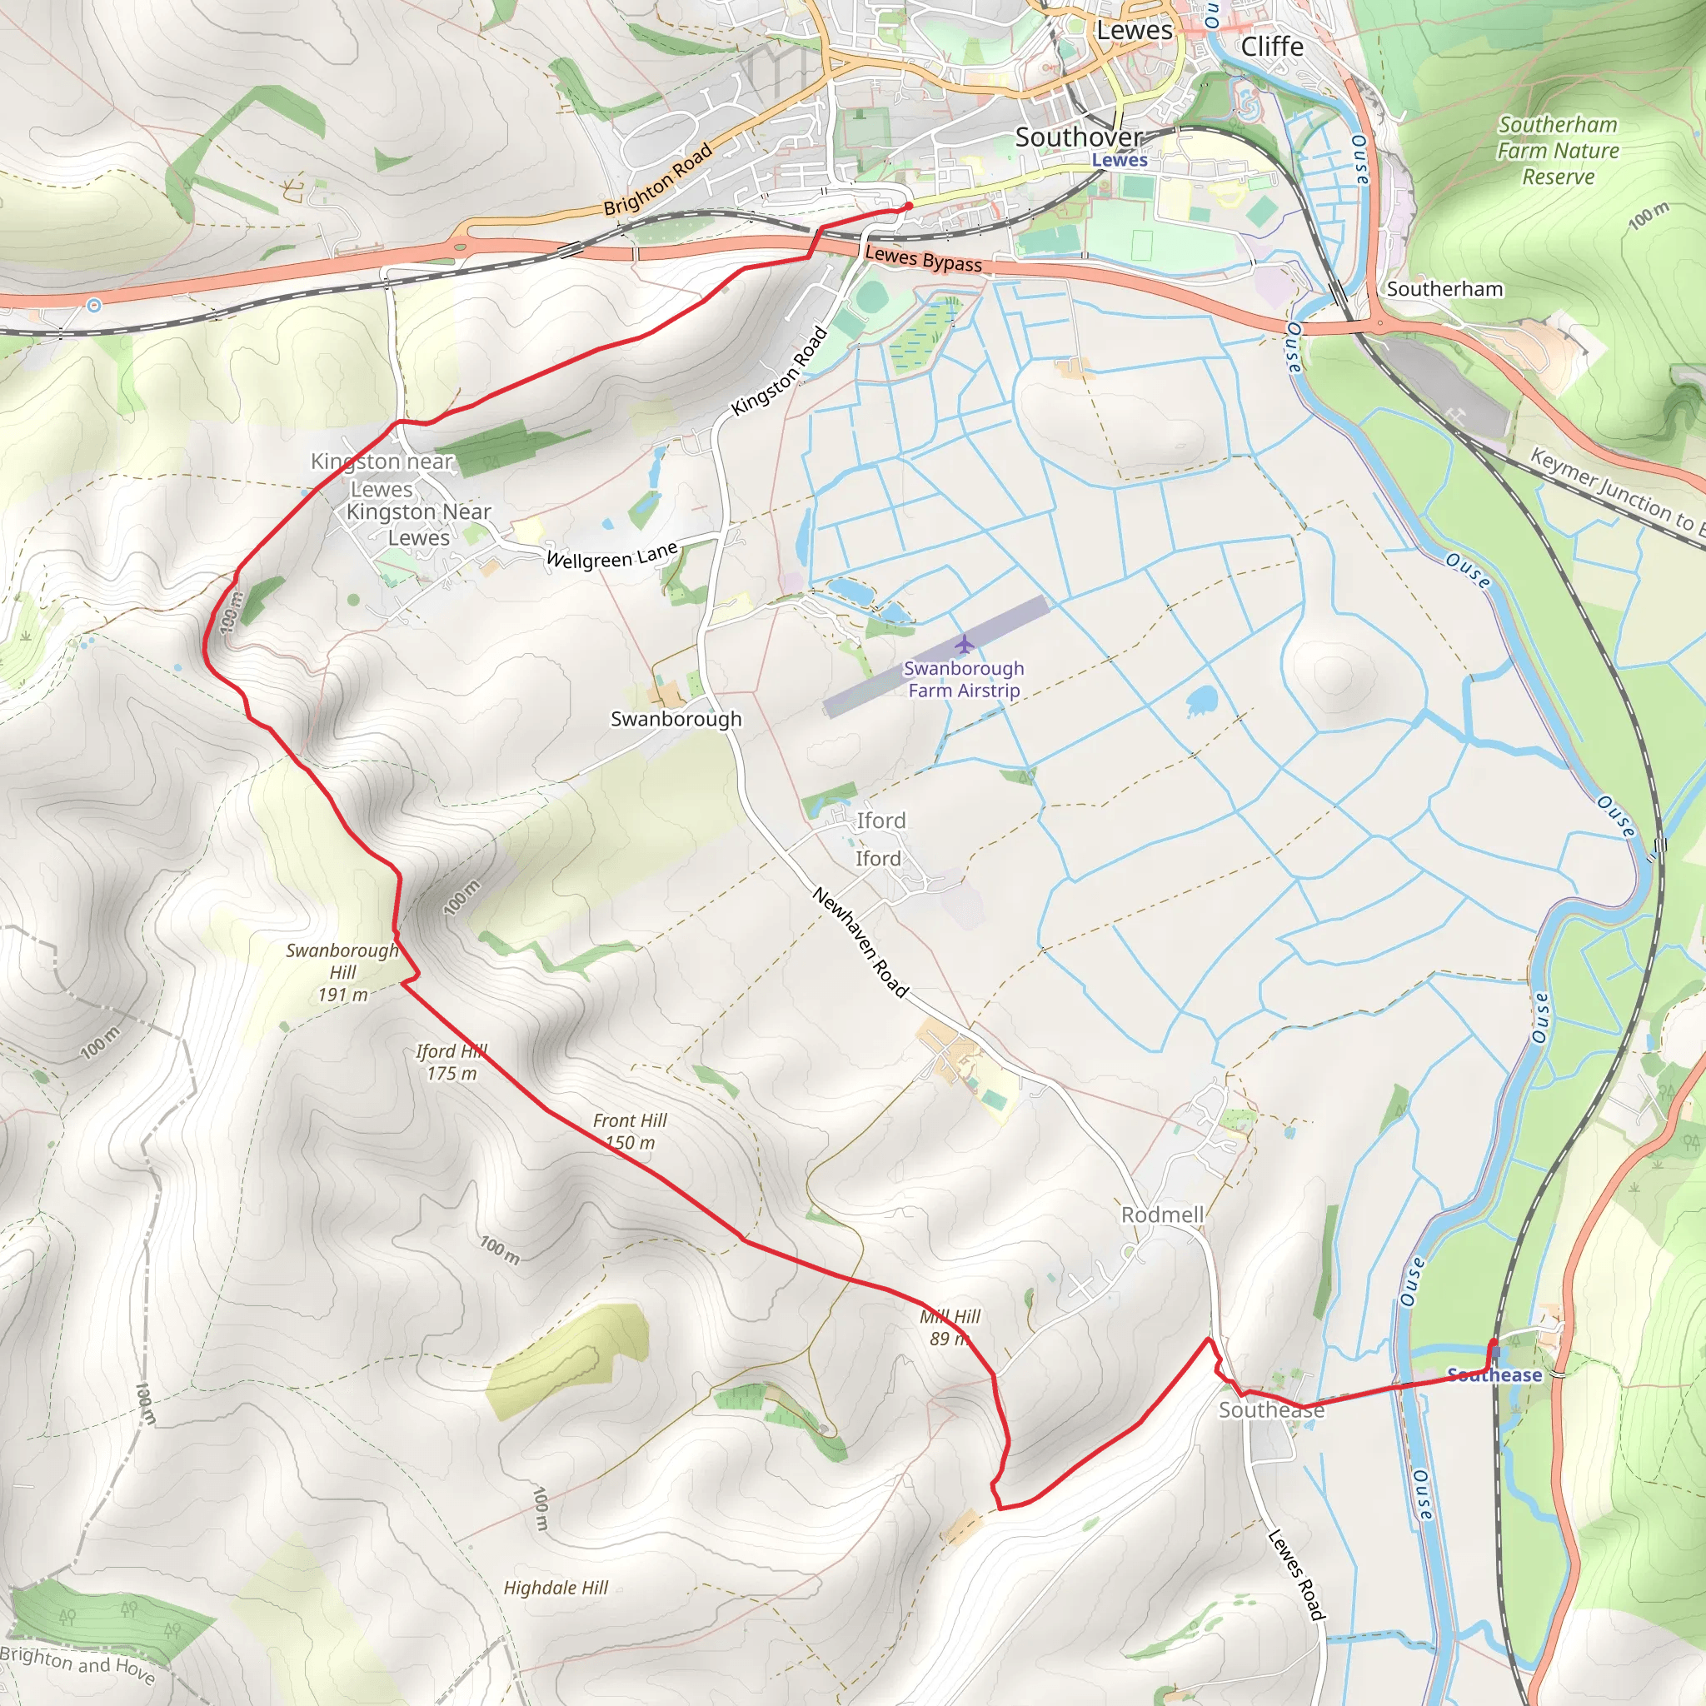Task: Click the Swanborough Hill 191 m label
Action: click(342, 972)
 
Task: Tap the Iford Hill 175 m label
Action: click(451, 1061)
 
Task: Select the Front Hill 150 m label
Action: click(630, 1131)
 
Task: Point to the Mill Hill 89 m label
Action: click(950, 1327)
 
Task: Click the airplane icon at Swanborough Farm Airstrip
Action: click(964, 644)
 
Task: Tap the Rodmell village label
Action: click(1162, 1215)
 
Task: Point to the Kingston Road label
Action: click(780, 370)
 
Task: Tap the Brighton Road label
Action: click(658, 180)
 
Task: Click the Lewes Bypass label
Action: click(924, 259)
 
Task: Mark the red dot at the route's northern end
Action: click(909, 207)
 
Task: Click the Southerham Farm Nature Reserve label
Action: click(1558, 150)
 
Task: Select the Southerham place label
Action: click(1444, 289)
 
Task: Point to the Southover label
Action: click(1078, 137)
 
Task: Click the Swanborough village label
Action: click(676, 719)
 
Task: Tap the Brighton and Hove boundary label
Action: click(77, 1664)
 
